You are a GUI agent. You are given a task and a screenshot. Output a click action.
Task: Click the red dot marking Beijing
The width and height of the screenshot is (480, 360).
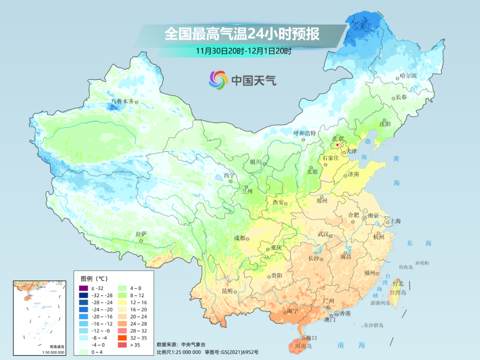337,145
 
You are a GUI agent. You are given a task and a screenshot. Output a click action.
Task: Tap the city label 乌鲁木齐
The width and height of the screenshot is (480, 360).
122,102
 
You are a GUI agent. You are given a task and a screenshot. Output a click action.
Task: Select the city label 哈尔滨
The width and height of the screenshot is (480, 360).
408,76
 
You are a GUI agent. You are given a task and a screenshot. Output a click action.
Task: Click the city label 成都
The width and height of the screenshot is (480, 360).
239,238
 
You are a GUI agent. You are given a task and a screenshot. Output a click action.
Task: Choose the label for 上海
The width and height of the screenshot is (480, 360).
396,221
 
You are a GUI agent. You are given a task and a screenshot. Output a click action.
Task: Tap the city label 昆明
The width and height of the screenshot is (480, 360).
227,291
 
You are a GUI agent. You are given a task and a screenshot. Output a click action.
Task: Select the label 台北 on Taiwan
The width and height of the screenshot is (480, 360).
398,284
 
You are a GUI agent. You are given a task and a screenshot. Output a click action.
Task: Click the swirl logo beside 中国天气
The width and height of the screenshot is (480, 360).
218,80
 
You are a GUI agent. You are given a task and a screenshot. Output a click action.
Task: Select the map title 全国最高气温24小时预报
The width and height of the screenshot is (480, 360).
242,34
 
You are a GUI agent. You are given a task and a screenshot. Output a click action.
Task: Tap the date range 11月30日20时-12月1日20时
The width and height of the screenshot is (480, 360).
244,51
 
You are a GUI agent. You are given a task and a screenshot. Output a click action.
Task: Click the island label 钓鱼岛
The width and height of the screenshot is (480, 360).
406,267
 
